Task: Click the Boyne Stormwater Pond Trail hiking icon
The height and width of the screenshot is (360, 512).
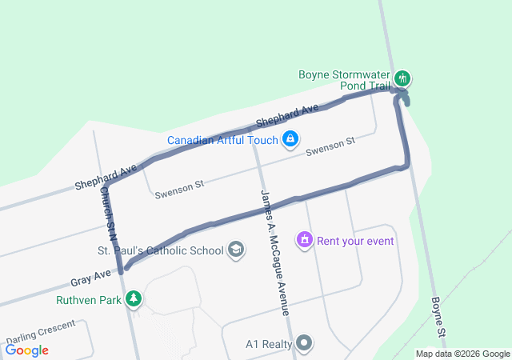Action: tap(404, 78)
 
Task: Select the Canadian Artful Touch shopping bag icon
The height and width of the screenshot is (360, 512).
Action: tap(290, 140)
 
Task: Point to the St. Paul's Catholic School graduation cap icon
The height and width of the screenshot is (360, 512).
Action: tap(236, 250)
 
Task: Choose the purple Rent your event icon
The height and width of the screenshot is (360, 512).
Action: tap(304, 239)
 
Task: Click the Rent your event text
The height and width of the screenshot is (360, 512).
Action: tap(357, 240)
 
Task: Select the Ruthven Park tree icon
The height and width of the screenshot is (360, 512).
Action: tap(134, 300)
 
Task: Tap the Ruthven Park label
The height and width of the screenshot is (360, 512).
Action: tap(88, 301)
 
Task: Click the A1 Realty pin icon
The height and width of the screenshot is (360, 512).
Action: tap(304, 344)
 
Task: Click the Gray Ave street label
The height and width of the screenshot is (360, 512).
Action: tap(90, 278)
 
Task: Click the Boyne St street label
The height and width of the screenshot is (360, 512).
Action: tap(438, 317)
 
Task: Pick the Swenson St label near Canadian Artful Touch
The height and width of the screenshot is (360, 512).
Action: tap(330, 146)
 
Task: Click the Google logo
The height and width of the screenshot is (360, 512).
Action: tap(26, 350)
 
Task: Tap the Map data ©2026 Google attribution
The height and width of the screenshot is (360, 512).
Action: tap(462, 354)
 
